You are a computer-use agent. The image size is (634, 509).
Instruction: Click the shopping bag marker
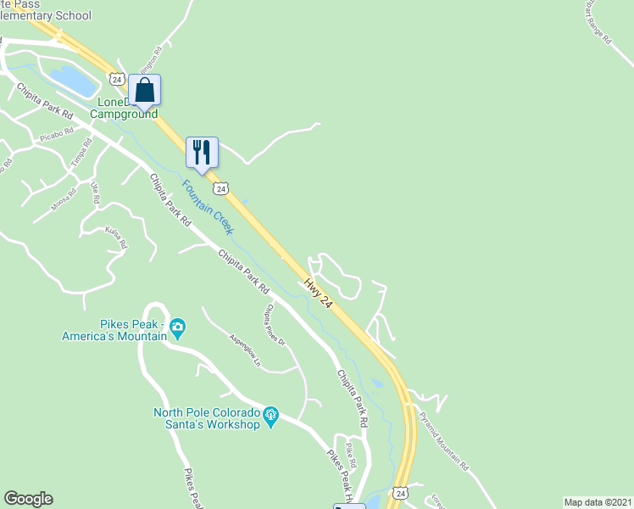tap(144, 90)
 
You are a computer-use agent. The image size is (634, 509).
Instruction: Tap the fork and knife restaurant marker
tap(202, 153)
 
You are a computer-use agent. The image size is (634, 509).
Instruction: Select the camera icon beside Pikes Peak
tap(177, 327)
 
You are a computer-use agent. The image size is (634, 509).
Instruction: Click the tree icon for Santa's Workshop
tap(270, 415)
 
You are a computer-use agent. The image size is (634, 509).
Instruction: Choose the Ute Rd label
tap(96, 193)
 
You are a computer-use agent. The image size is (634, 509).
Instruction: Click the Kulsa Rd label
tap(115, 236)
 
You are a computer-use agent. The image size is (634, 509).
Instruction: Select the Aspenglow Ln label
tap(246, 350)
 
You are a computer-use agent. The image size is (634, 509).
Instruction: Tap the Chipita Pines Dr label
tap(276, 325)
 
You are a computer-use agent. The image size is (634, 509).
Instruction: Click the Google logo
tap(28, 499)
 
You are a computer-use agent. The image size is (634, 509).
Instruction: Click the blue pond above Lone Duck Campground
tap(73, 81)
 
